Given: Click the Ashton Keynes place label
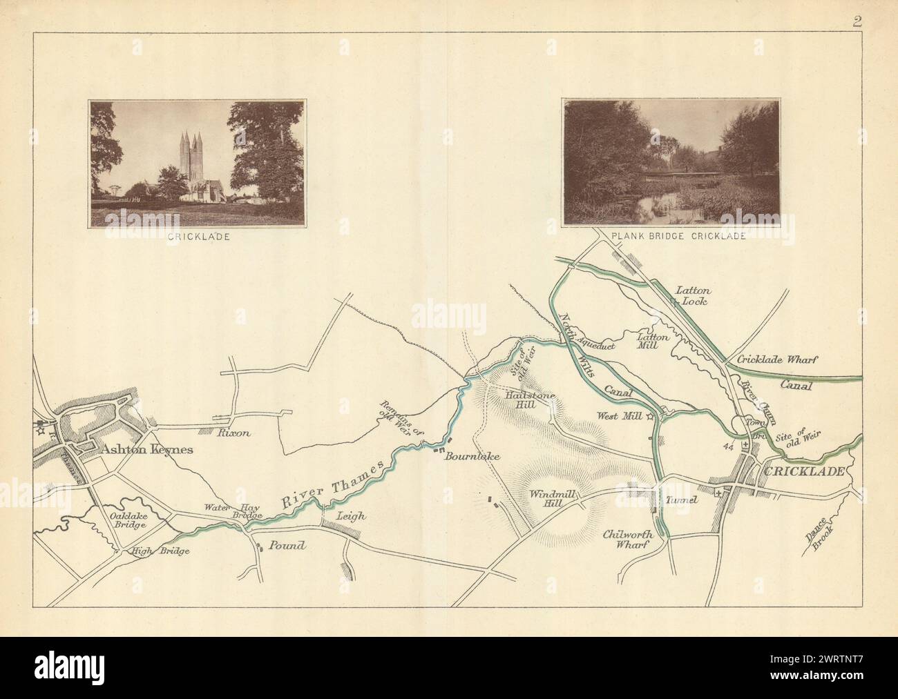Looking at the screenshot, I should (x=147, y=449).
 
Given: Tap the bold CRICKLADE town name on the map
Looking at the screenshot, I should (x=803, y=471).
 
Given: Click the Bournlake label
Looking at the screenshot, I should (x=472, y=456).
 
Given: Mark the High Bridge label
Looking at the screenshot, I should (x=161, y=551).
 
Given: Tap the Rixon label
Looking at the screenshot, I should (x=232, y=434).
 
